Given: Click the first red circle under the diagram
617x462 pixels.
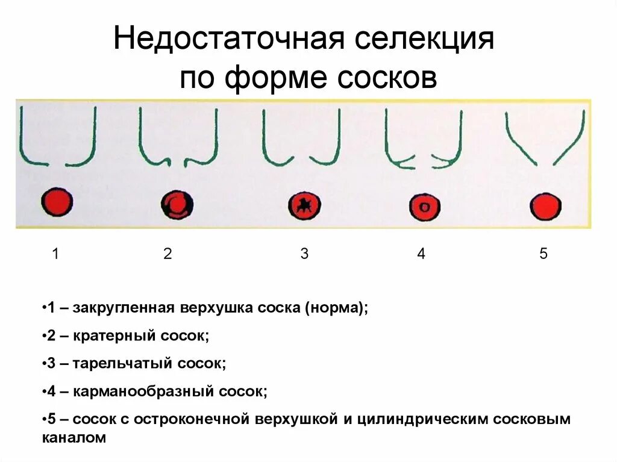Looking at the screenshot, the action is pyautogui.click(x=57, y=202).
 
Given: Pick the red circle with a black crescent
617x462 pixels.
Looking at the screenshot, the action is pyautogui.click(x=177, y=205).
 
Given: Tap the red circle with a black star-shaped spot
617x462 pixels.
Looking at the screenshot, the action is pyautogui.click(x=304, y=205).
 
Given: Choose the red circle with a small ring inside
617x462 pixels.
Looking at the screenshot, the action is pyautogui.click(x=425, y=207).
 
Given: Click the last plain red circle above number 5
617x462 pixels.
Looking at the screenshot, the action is pyautogui.click(x=545, y=207).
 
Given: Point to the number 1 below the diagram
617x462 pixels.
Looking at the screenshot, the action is pyautogui.click(x=55, y=254).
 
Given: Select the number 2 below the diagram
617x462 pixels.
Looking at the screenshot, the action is pyautogui.click(x=168, y=254).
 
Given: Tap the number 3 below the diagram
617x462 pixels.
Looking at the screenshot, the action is pyautogui.click(x=304, y=254).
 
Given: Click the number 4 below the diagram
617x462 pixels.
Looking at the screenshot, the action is pyautogui.click(x=421, y=254).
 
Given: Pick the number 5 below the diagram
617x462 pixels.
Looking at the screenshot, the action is pyautogui.click(x=543, y=254).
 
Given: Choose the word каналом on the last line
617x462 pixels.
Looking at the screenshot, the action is pyautogui.click(x=74, y=438).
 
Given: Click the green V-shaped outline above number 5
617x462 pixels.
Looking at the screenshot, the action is pyautogui.click(x=545, y=139).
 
